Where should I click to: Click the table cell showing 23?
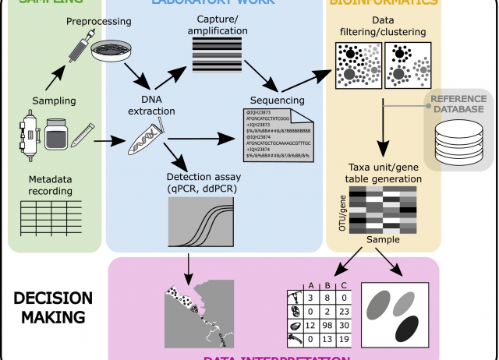345,309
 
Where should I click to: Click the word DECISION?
52,299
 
